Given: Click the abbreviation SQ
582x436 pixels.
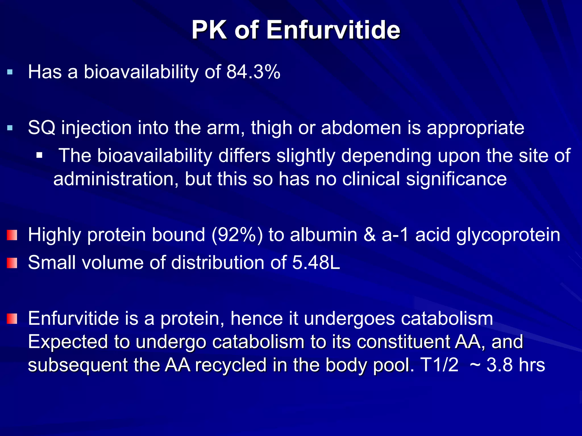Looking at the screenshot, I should coord(41,128).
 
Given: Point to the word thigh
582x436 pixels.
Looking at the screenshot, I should coord(271,128).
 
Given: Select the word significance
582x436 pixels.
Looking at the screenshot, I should coord(456,179).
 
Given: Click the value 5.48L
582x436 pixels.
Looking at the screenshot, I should coord(316,263).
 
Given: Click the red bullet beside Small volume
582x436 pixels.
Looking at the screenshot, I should coord(12,263).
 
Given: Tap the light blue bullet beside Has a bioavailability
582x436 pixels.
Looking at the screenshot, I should coord(10,72).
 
